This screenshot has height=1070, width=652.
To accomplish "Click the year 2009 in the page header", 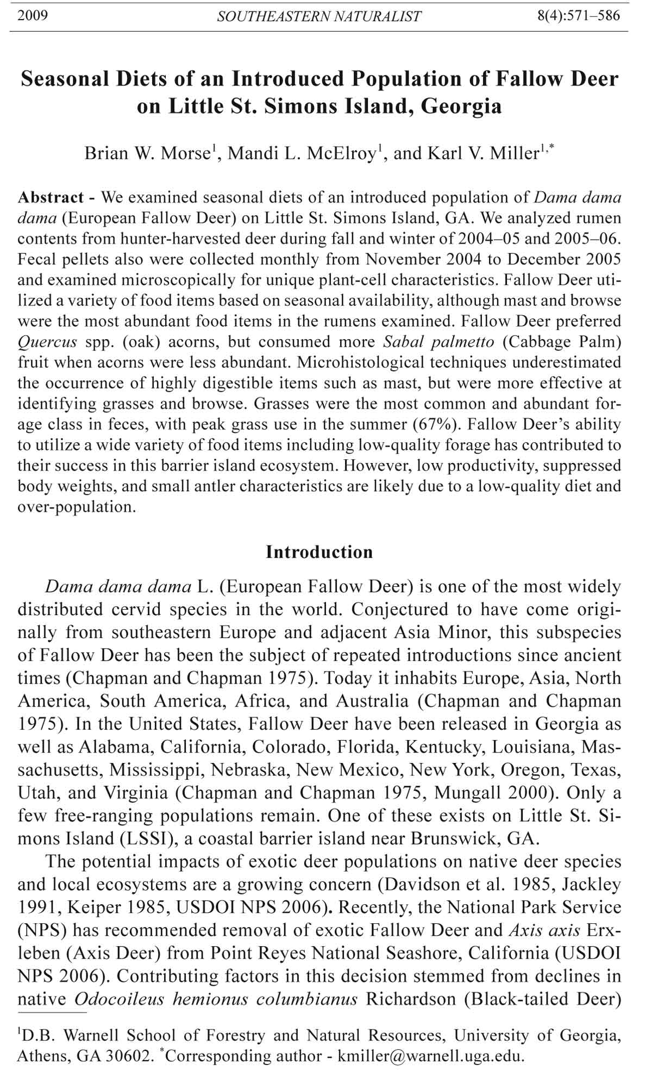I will coord(33,15).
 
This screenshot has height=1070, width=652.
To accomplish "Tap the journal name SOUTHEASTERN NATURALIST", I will coord(319,16).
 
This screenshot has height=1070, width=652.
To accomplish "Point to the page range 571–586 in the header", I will coord(592,15).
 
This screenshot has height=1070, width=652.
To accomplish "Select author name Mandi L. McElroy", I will coord(302,154).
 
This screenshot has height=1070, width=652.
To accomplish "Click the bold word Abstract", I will coord(51,197).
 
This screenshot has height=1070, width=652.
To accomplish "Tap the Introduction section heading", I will coord(319,552).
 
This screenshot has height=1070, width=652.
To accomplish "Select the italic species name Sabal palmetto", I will coord(439,342).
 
